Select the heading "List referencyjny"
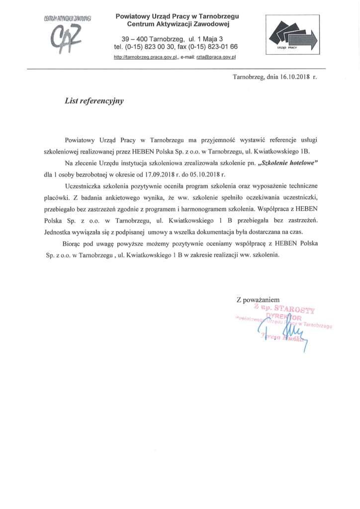point(94,100)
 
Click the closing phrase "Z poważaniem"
point(258,300)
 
